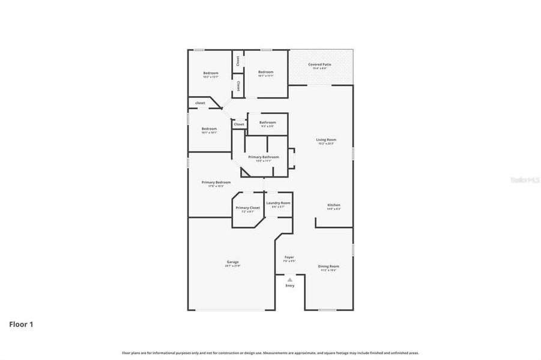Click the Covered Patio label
319,64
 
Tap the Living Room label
326,140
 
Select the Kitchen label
334,205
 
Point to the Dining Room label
328,266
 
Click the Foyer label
289,257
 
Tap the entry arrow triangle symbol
290,280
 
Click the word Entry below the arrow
290,286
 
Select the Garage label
232,262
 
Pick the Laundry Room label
278,203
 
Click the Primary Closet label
247,208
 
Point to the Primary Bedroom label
216,182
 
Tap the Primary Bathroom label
264,157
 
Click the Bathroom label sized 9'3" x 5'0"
267,122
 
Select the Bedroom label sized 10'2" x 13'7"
210,73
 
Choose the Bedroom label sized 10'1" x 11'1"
265,72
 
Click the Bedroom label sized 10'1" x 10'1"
209,128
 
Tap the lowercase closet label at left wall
200,103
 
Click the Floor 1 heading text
21,325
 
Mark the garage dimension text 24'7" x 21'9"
232,266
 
